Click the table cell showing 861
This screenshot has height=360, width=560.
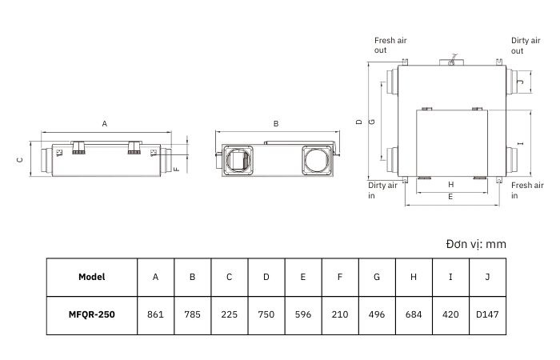155,314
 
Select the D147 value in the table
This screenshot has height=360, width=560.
487,314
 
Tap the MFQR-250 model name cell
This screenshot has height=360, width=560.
92,314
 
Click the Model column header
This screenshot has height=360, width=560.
92,277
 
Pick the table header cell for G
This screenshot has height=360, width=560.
377,277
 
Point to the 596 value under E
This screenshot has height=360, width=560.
303,314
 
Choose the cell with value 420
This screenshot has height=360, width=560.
450,314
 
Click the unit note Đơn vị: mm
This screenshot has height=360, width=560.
476,244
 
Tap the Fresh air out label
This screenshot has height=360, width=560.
390,46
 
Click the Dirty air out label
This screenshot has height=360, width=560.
526,46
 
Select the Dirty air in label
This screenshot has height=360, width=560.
382,190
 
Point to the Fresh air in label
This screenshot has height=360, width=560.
527,190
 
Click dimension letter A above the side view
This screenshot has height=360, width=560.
104,123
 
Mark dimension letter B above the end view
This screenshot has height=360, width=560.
276,123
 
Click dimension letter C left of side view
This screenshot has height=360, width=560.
20,160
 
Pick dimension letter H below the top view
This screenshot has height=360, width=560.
450,185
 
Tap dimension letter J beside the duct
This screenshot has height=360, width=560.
521,82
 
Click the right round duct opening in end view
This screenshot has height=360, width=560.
316,160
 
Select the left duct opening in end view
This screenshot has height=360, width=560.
238,160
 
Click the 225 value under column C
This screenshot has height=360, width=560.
229,314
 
